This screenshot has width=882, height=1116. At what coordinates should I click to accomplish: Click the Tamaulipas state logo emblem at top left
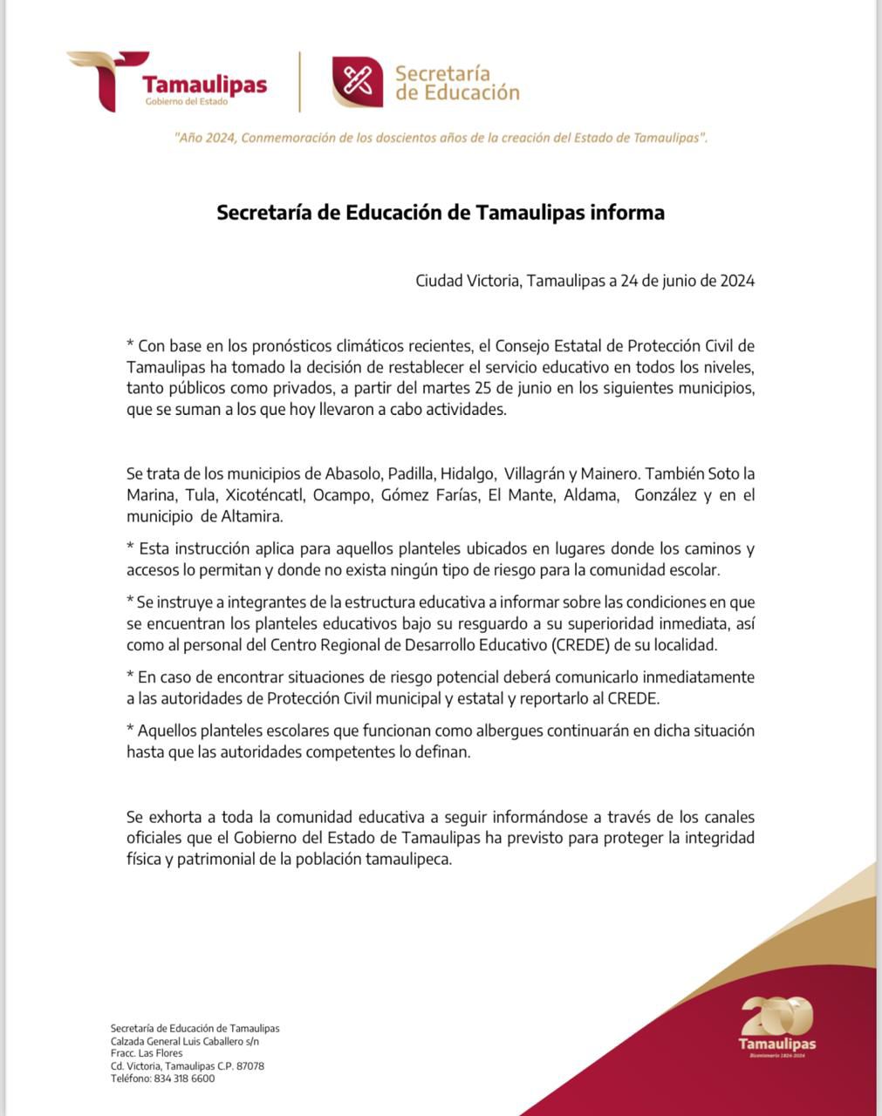coord(100,80)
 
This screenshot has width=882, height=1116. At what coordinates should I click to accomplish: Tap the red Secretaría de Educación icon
coord(357,82)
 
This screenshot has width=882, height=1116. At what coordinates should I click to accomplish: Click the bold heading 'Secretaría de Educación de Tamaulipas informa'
coord(441,213)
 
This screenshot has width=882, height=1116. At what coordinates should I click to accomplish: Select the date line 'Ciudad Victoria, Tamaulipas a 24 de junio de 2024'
coord(585,281)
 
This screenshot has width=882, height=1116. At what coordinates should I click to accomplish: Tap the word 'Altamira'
coord(251,516)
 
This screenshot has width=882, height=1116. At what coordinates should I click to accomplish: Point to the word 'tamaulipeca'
coord(407,859)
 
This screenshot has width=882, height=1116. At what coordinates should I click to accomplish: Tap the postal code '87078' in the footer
coord(250,1066)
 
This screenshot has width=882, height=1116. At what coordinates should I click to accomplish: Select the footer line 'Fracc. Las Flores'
coord(147,1053)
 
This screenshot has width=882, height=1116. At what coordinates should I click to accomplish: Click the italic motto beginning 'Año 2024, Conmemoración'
coord(441,138)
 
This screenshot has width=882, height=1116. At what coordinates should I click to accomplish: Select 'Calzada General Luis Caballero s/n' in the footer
coord(185,1041)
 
